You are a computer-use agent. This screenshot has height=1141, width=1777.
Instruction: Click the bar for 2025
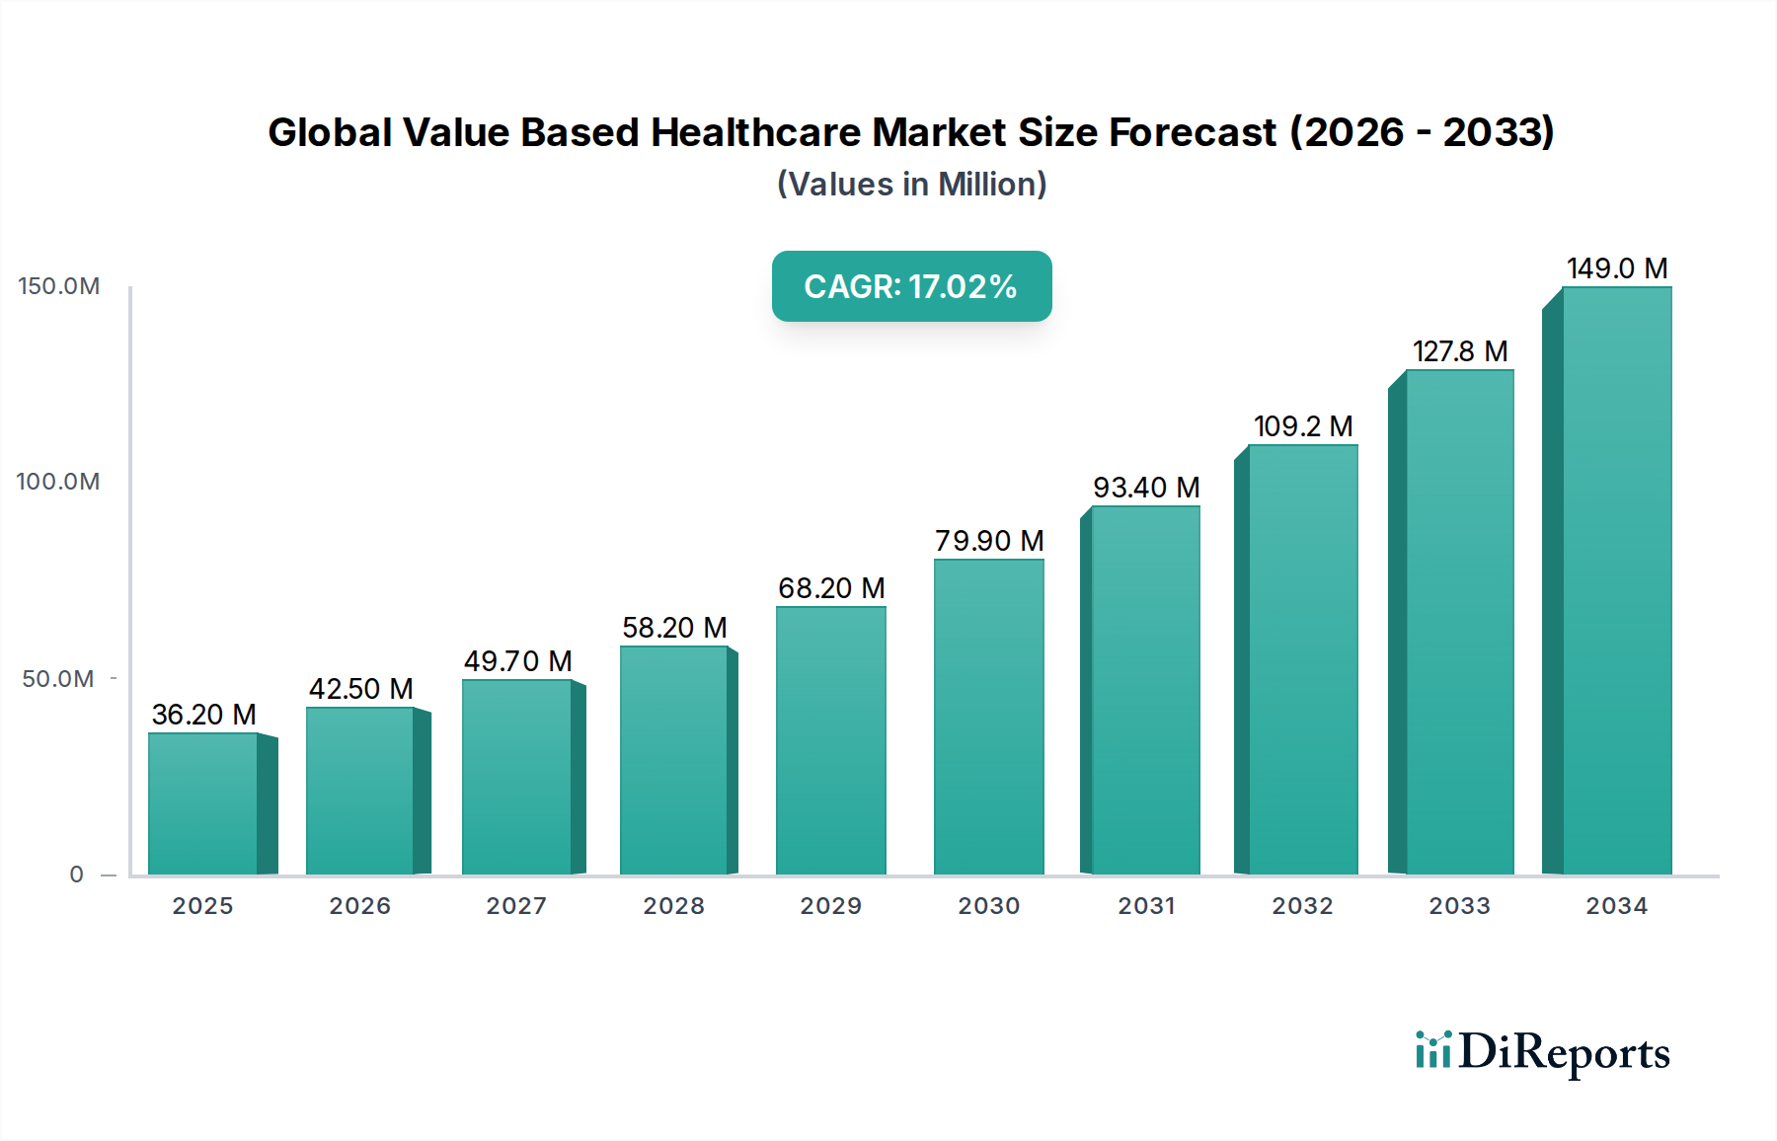(203, 803)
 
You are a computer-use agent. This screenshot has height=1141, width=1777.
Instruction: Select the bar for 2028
(674, 760)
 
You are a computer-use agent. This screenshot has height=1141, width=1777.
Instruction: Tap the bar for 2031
(1145, 691)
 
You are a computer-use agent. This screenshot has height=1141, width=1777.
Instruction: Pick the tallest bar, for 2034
(1616, 582)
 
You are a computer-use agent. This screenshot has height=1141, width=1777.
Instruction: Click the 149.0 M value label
(1617, 268)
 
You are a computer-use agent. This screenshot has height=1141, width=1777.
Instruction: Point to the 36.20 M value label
(203, 715)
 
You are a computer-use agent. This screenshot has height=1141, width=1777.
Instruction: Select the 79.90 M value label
(989, 541)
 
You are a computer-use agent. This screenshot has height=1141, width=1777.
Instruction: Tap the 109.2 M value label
(1303, 426)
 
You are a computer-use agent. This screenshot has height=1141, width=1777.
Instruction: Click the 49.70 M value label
(518, 661)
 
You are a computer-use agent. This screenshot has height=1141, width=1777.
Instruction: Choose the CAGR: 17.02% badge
(911, 286)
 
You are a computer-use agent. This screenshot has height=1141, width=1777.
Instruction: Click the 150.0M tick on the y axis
(59, 286)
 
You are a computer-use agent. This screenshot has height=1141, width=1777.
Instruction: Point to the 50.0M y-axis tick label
(58, 679)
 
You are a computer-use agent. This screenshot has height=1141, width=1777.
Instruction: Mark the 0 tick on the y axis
(77, 875)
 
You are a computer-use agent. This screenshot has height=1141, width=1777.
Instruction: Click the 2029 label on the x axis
(831, 906)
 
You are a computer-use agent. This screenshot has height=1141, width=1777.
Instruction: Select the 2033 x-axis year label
(1459, 906)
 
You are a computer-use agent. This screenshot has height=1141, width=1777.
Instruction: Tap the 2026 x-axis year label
(360, 906)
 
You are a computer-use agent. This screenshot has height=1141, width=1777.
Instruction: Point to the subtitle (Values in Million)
(911, 185)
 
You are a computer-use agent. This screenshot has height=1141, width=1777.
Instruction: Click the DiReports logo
(1542, 1052)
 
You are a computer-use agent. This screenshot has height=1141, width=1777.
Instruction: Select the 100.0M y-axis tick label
(58, 482)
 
